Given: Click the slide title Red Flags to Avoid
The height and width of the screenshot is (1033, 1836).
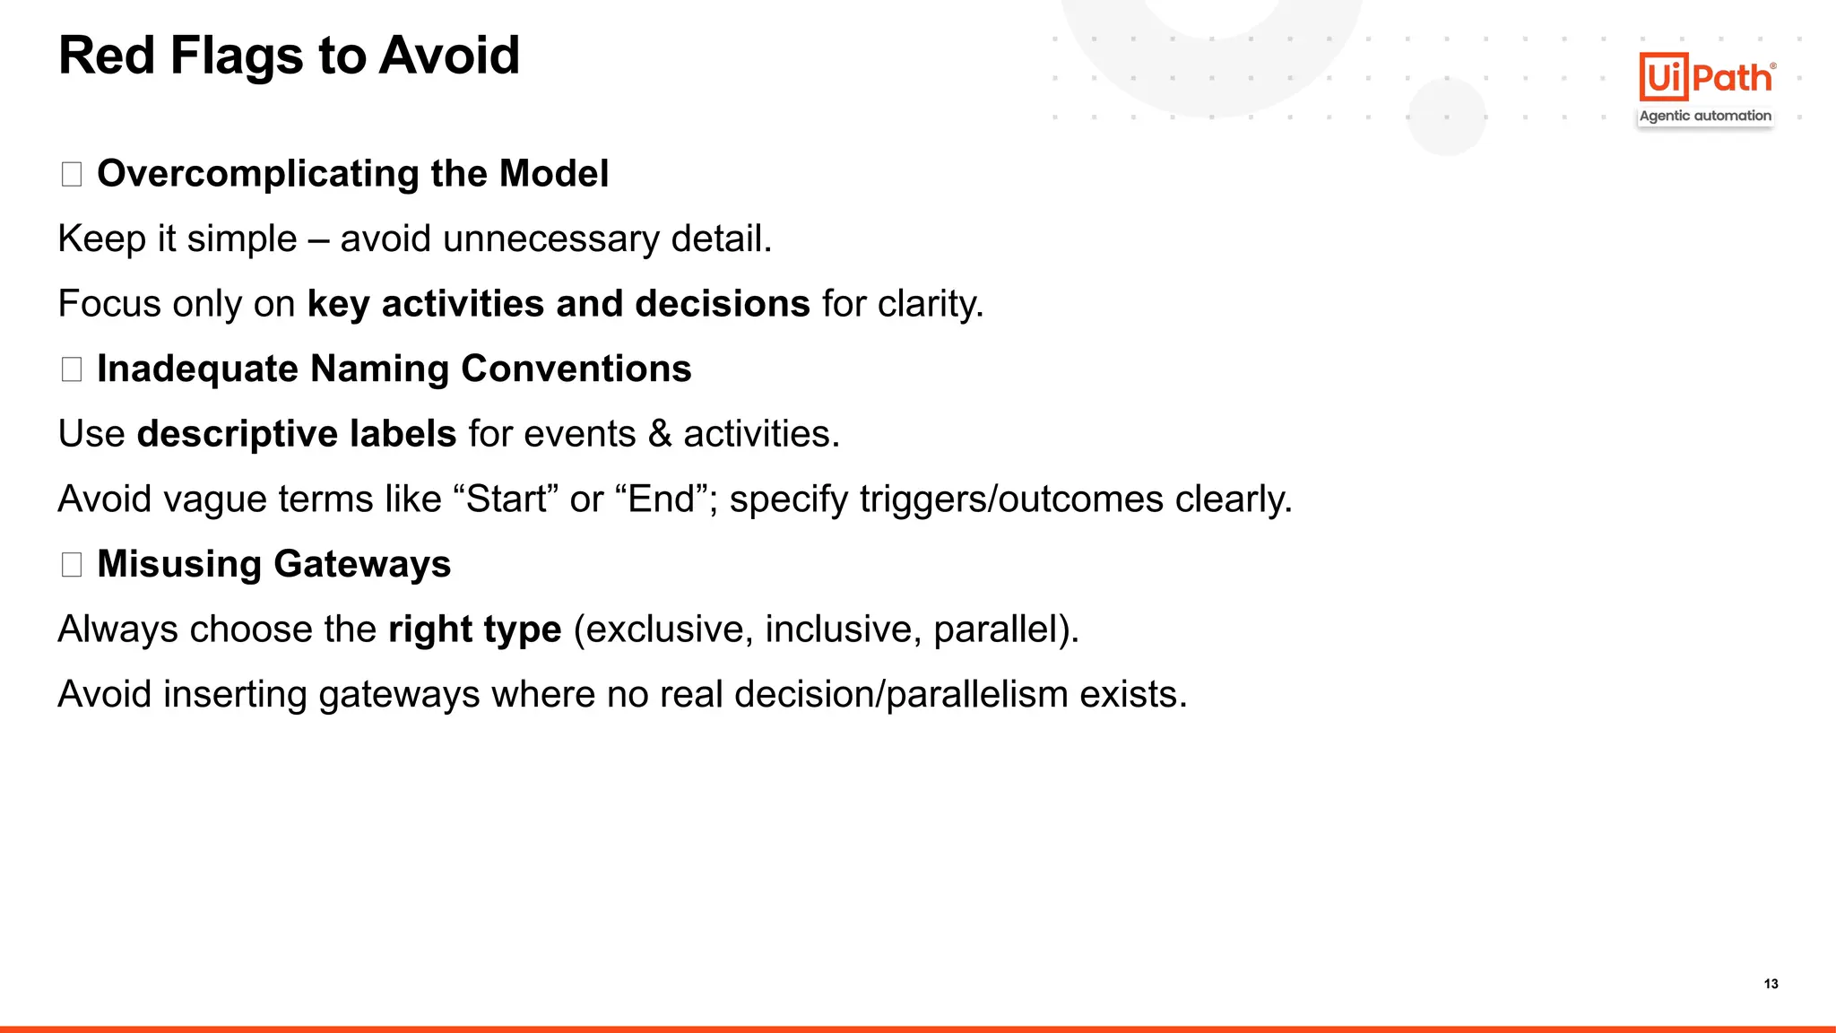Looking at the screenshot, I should coord(289,56).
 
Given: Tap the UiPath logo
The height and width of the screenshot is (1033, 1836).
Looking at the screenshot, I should coord(1706,77).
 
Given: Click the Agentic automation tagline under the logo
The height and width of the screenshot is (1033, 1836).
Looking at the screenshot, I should coord(1705,116).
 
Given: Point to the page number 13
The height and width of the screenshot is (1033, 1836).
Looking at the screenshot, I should coord(1771,984).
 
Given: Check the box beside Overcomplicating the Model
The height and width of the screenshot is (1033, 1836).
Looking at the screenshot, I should coord(72,174).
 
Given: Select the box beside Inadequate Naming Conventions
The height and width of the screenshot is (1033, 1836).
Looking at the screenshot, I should coord(72,369).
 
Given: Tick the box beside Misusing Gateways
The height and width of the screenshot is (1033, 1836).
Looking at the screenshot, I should coord(72,564).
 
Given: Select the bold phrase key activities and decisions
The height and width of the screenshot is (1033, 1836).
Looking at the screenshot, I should coord(559,304).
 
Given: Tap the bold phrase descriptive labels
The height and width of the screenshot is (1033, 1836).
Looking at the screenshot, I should coord(297,434).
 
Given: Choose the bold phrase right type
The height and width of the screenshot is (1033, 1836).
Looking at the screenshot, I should coord(474,629).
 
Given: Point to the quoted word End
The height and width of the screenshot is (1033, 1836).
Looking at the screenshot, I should coord(662,499).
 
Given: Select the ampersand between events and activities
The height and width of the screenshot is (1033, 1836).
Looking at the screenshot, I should coord(660,434).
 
